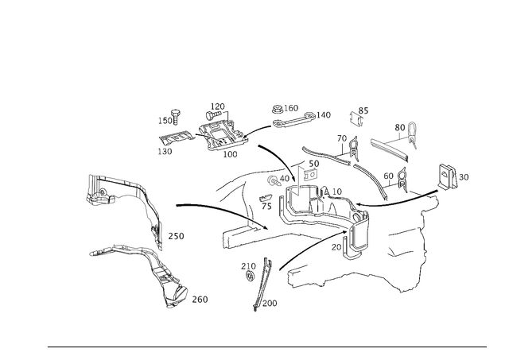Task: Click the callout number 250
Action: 176,236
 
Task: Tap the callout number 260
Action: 200,300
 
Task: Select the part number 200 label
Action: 270,304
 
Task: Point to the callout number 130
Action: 165,152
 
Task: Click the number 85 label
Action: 363,111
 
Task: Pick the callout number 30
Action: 464,177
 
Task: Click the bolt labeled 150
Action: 176,117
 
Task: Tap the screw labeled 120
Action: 212,114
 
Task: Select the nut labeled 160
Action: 277,110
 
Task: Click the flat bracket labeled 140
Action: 293,122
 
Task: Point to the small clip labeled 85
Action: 356,118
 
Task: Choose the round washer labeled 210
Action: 249,277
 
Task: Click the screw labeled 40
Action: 274,181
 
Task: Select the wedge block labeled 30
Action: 448,176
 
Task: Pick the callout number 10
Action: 337,192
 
